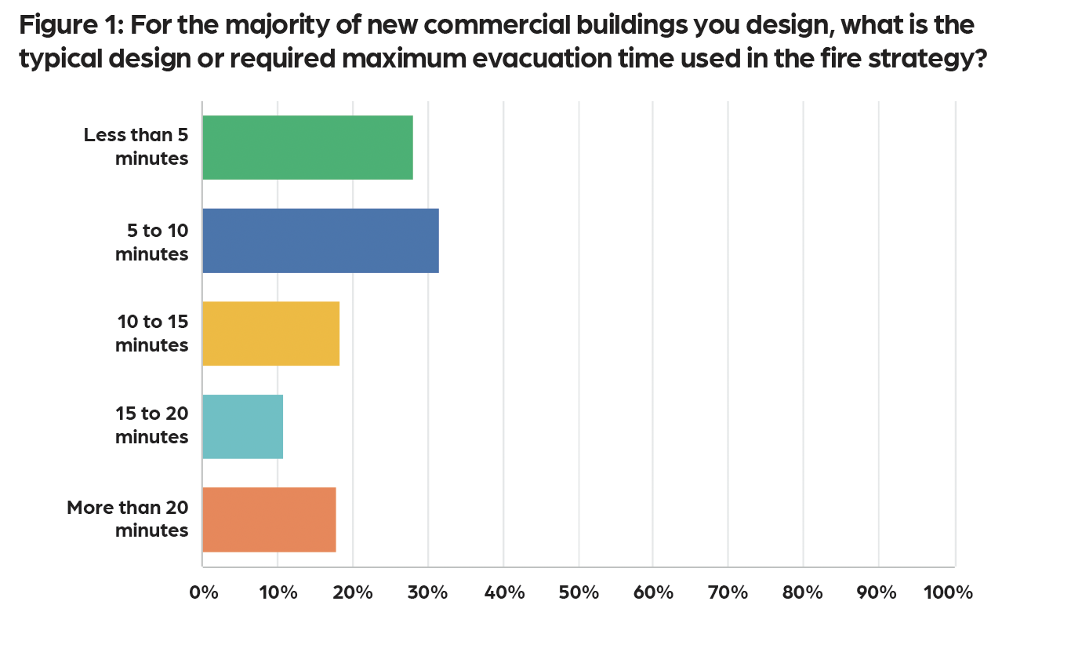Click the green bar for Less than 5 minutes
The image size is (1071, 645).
click(x=307, y=148)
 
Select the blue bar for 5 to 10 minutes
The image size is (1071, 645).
click(x=320, y=241)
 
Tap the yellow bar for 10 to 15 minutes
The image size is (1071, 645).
click(x=270, y=333)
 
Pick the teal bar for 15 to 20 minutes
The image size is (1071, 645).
click(x=242, y=426)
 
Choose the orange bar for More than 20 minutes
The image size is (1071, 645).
click(x=269, y=519)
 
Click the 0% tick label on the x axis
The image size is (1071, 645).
click(x=204, y=592)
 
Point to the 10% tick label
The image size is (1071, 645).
click(x=278, y=592)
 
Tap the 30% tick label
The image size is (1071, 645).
click(x=428, y=592)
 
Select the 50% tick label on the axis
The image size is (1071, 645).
click(x=579, y=592)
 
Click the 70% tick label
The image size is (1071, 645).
click(x=728, y=592)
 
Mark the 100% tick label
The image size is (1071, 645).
click(x=948, y=592)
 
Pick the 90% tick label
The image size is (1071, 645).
click(x=878, y=592)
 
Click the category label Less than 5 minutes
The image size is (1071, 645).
click(x=136, y=147)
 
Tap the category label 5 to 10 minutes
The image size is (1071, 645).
click(x=152, y=242)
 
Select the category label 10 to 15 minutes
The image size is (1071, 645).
click(x=152, y=333)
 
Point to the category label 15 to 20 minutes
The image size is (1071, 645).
click(x=152, y=426)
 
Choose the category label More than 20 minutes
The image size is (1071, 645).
click(x=128, y=519)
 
